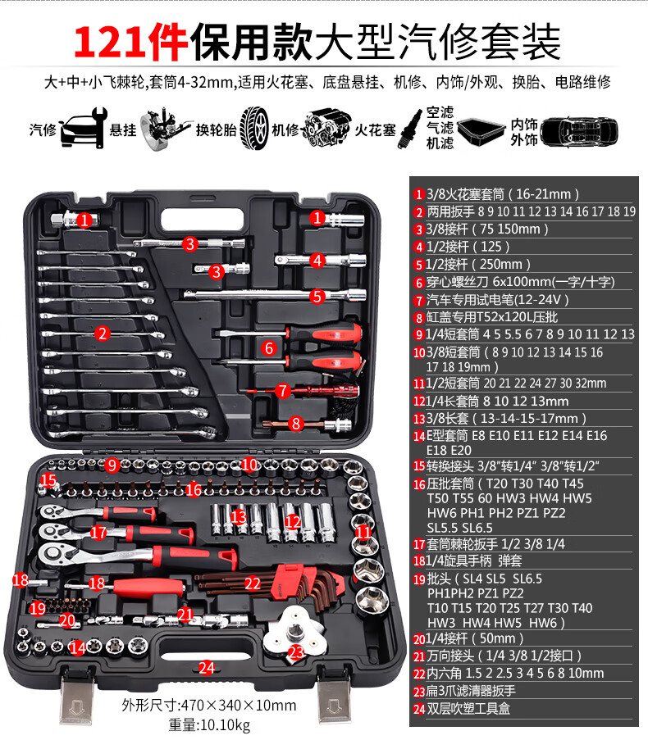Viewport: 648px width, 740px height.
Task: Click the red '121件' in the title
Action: point(130,43)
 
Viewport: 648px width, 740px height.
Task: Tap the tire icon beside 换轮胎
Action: point(254,129)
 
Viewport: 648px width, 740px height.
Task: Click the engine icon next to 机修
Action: point(326,127)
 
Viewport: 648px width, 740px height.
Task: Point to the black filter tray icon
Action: point(481,131)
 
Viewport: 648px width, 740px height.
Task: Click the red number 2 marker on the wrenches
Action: point(102,334)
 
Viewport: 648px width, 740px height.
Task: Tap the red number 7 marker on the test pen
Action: point(282,391)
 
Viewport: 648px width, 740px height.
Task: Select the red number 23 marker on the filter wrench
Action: point(296,652)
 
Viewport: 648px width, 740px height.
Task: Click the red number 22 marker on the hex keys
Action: point(252,583)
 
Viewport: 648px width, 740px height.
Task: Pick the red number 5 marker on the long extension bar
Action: point(317,297)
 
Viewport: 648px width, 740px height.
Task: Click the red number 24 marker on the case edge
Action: point(207,668)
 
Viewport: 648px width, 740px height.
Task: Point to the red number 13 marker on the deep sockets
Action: point(239,517)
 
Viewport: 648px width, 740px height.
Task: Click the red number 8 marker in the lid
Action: point(295,424)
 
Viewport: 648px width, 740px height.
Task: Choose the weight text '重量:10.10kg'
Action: point(209,724)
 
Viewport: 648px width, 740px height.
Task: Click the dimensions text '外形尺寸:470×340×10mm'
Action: point(209,705)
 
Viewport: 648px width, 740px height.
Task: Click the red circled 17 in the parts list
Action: point(419,545)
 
